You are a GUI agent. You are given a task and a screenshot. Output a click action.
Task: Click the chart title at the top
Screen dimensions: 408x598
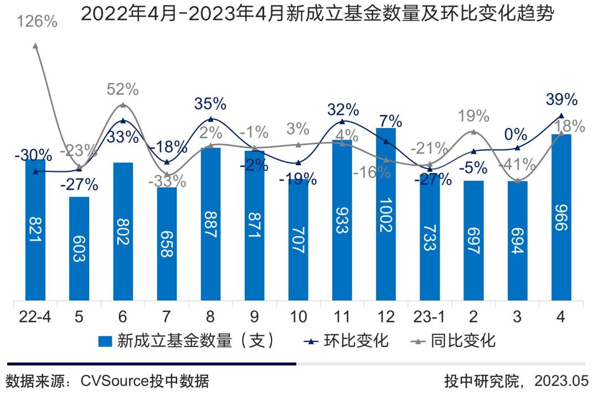317,15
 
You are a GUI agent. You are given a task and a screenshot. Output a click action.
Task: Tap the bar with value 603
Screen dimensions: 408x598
79,249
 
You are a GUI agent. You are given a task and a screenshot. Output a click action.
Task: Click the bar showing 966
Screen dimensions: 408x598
561,218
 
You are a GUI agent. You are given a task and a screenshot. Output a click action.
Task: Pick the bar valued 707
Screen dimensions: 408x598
298,241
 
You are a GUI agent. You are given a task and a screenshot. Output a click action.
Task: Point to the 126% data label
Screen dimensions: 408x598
38,22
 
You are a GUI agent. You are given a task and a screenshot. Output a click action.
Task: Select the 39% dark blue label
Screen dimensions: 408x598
561,100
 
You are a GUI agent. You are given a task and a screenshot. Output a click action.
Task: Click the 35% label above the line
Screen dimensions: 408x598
210,104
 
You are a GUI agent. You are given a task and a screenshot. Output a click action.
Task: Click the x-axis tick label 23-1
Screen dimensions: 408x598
430,317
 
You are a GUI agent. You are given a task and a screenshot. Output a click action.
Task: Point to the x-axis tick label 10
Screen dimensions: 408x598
298,317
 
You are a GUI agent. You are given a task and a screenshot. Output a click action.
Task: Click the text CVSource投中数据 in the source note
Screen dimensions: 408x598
145,381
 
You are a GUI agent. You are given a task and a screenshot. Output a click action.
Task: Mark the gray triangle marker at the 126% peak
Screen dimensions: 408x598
35,46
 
